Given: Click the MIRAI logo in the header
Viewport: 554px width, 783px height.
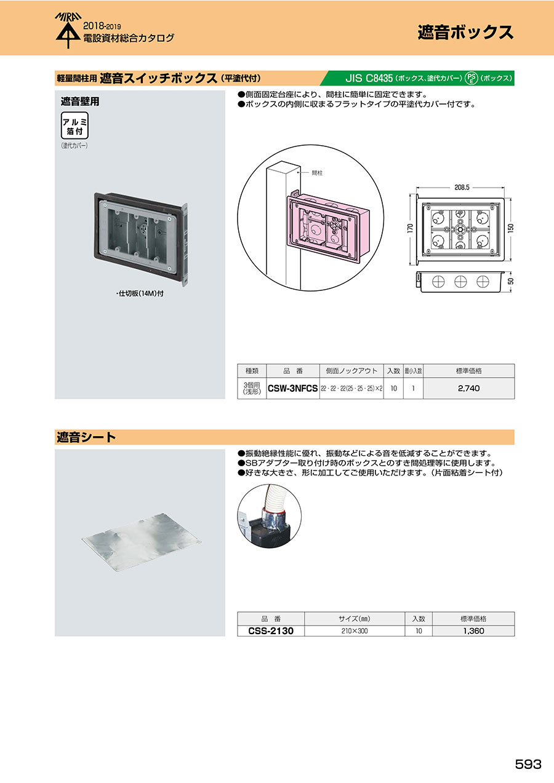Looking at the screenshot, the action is click(x=68, y=30).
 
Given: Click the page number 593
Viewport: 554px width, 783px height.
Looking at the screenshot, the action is click(x=528, y=764).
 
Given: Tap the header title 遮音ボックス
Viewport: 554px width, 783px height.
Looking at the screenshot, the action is click(x=465, y=32).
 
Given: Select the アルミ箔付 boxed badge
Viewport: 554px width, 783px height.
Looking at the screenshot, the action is click(x=74, y=125).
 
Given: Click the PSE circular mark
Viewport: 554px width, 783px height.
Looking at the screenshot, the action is click(x=471, y=78).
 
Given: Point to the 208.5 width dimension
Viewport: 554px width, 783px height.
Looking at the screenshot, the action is click(x=462, y=188).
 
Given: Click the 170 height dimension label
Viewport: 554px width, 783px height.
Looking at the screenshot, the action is click(x=411, y=228).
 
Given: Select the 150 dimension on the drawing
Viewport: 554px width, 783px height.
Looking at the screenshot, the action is click(x=511, y=228).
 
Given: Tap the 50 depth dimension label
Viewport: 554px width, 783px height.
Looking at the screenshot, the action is click(x=511, y=281).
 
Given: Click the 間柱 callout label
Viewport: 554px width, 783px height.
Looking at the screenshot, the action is click(x=317, y=173).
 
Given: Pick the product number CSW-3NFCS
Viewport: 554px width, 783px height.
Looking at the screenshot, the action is click(x=293, y=388).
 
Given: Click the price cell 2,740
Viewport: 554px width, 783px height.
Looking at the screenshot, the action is click(x=468, y=388).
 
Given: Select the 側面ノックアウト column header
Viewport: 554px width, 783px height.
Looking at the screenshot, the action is click(x=351, y=371).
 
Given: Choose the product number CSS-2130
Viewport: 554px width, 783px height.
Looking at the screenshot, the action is click(x=271, y=631).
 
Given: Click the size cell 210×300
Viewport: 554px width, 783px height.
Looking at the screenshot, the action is click(x=355, y=631).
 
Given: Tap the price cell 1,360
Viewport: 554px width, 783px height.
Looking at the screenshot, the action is click(x=473, y=631).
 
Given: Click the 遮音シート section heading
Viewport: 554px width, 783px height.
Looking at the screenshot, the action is click(x=86, y=437).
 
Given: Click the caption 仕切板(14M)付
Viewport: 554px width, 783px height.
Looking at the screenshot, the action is click(x=140, y=293).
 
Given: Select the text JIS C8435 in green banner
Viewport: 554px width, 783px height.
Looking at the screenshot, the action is click(x=369, y=78).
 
